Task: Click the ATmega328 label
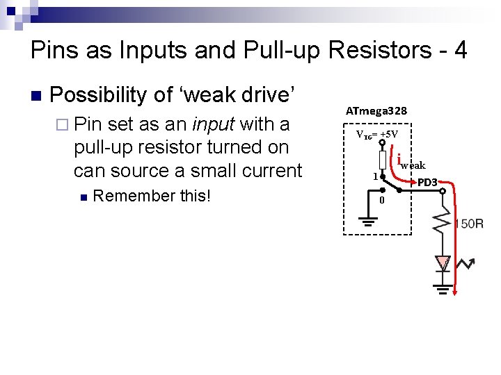pyautogui.click(x=376, y=110)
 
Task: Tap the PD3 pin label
pyautogui.click(x=427, y=182)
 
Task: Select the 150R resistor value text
pyautogui.click(x=468, y=224)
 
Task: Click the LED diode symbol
pyautogui.click(x=443, y=262)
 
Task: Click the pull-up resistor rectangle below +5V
pyautogui.click(x=382, y=159)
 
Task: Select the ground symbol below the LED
pyautogui.click(x=443, y=285)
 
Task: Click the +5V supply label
pyautogui.click(x=376, y=134)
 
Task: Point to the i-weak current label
pyautogui.click(x=411, y=164)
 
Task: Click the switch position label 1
pyautogui.click(x=375, y=177)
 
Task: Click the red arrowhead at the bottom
pyautogui.click(x=456, y=292)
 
